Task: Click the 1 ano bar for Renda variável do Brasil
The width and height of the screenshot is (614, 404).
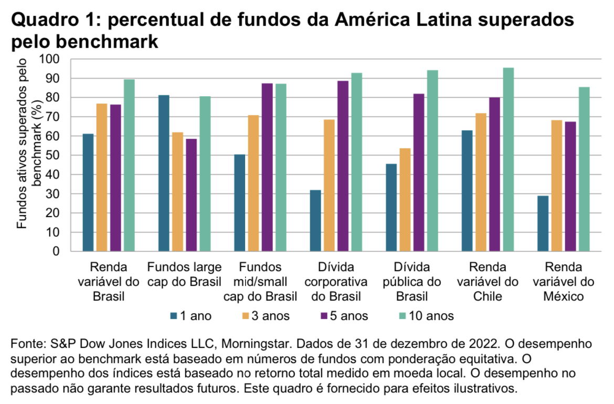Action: point(88,192)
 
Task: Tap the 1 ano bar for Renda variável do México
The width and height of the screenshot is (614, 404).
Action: point(543,223)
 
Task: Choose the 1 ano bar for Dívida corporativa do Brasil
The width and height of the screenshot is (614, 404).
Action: point(315,221)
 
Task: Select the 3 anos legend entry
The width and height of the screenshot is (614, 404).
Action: point(265,316)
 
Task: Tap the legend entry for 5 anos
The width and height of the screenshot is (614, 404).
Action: point(343,316)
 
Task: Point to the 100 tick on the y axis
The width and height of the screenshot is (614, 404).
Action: point(53,59)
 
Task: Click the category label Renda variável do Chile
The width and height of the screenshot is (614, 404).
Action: point(488,282)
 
